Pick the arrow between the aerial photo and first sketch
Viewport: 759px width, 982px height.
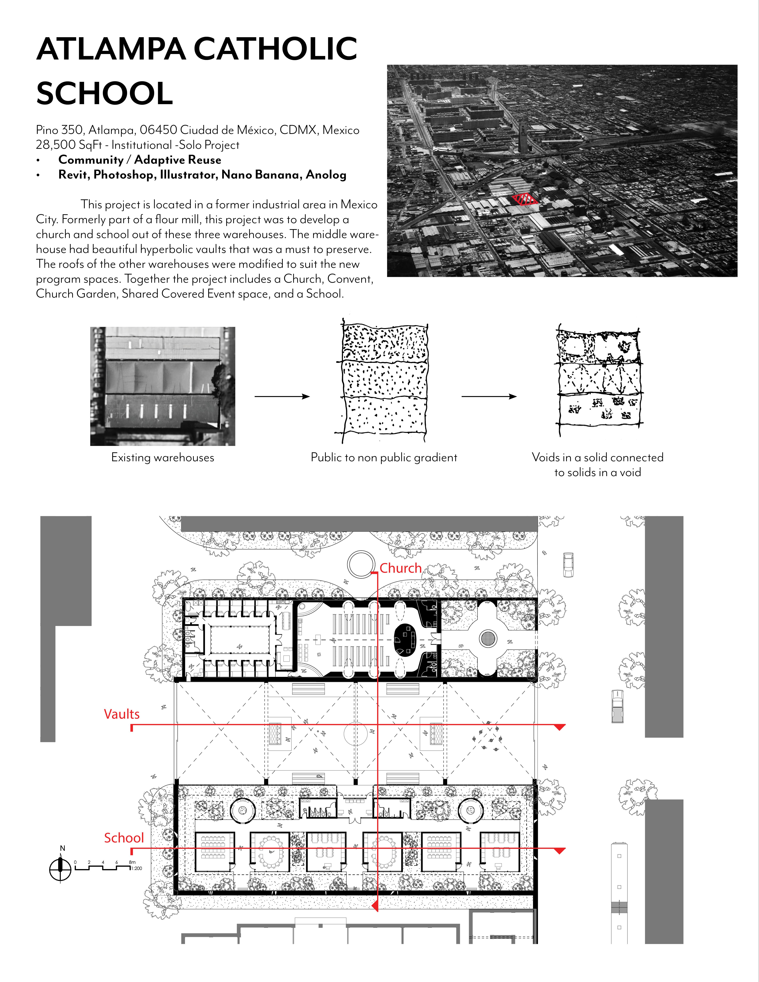(x=282, y=396)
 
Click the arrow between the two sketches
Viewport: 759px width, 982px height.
(x=489, y=396)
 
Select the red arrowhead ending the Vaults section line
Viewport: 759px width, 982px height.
(x=559, y=727)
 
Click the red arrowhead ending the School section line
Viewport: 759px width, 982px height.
(x=559, y=851)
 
